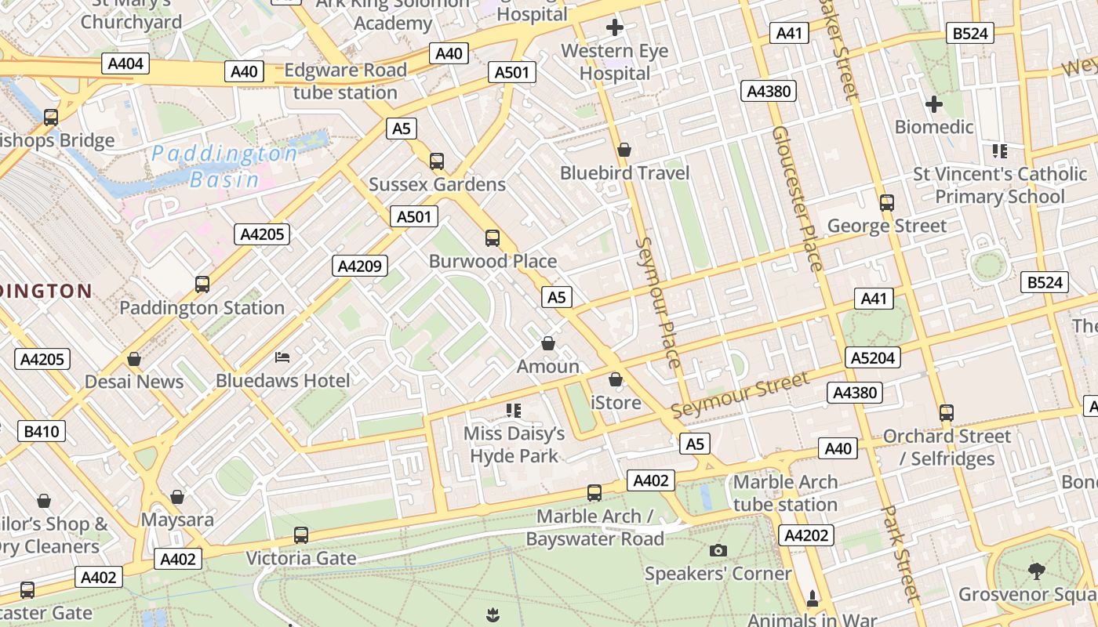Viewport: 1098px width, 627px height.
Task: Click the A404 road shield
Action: (x=125, y=63)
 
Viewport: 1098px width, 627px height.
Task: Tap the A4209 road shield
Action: (x=360, y=266)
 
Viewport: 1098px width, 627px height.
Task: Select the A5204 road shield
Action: (x=872, y=358)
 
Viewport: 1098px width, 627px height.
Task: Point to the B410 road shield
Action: (x=41, y=431)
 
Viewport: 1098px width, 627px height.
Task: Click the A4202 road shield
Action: (x=805, y=535)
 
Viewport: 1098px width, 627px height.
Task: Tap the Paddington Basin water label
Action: (x=225, y=166)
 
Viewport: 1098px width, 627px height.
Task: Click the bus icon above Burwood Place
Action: (x=493, y=237)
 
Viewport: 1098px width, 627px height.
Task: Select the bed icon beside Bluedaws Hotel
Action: (x=282, y=357)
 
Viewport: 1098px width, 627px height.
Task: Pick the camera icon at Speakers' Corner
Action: (x=718, y=550)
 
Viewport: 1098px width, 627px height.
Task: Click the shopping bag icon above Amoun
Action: (x=548, y=343)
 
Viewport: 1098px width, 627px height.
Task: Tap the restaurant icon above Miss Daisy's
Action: (x=514, y=410)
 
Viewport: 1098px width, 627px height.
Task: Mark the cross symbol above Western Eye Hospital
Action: (x=615, y=28)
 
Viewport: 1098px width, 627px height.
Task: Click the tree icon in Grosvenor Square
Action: (x=1036, y=571)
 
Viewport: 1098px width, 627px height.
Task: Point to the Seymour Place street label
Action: (x=659, y=303)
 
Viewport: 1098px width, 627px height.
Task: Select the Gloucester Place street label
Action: (x=797, y=198)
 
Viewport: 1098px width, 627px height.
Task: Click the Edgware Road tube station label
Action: (x=345, y=82)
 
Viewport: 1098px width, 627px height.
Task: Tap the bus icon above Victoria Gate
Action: (x=301, y=535)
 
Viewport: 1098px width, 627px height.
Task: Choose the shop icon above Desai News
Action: (x=134, y=359)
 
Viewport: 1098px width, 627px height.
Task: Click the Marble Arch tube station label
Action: (x=785, y=493)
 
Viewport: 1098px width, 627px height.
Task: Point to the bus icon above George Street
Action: (x=887, y=203)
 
